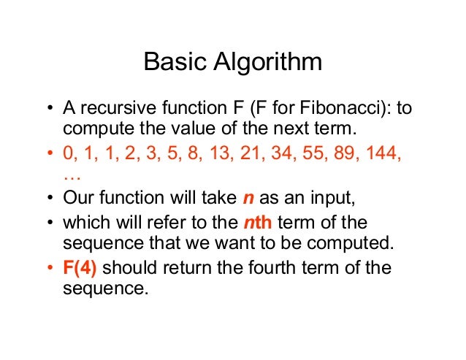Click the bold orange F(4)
click(x=80, y=268)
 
